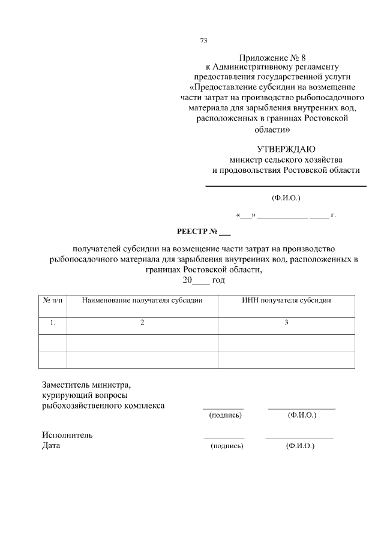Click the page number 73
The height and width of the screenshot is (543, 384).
(x=203, y=41)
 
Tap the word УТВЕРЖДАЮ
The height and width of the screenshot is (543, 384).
(x=286, y=149)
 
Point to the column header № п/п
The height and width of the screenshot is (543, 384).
(x=53, y=299)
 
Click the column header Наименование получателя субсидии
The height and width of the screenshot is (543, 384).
(x=142, y=299)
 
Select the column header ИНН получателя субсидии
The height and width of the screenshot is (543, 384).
(x=286, y=299)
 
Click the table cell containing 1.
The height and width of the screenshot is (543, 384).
(x=53, y=323)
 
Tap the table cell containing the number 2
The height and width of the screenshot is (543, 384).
(x=142, y=323)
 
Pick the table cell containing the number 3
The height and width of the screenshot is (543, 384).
(x=286, y=323)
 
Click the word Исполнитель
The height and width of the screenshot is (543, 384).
(x=67, y=435)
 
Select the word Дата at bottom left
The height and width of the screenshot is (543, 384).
(x=51, y=445)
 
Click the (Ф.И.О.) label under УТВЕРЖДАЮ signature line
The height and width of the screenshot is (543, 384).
(x=286, y=197)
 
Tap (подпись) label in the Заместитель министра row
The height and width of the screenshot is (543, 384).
(x=224, y=415)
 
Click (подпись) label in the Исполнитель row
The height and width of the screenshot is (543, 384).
(x=226, y=446)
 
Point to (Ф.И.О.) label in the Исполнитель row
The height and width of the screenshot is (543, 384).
(x=301, y=446)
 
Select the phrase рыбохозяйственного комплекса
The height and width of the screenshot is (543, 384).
(x=103, y=405)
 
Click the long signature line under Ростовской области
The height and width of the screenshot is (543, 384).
(x=286, y=187)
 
